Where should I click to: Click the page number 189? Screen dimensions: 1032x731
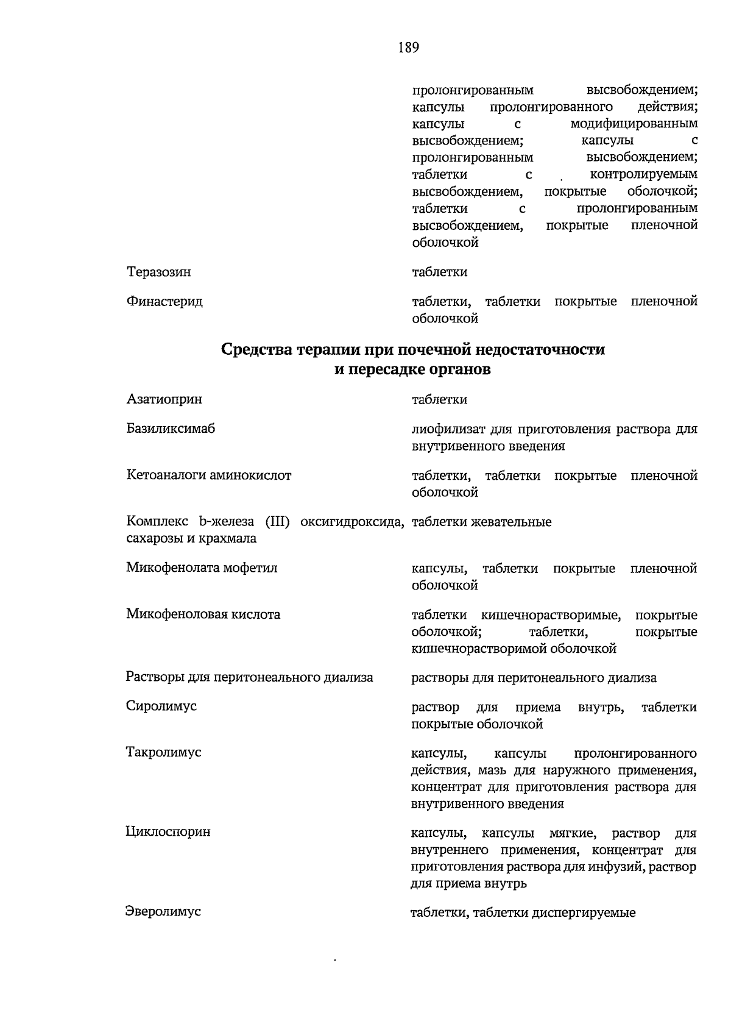[x=409, y=48]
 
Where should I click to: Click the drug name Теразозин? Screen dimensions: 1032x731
[x=158, y=272]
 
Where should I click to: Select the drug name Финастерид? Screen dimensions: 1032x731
[x=164, y=301]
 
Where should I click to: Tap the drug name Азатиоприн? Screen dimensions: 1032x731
[x=164, y=399]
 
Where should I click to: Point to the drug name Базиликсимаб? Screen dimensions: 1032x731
[x=171, y=429]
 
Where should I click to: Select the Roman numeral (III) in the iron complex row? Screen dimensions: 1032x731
[x=277, y=522]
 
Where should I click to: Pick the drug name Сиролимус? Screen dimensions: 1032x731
[x=161, y=706]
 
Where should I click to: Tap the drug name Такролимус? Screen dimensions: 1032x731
[x=163, y=752]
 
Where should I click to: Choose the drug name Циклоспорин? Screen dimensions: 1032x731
[x=168, y=831]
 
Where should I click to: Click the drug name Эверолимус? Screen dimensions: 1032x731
[x=163, y=911]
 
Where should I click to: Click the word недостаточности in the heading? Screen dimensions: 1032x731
[x=540, y=350]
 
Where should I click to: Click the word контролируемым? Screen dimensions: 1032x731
[x=644, y=175]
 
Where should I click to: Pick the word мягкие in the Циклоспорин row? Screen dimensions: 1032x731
[x=572, y=833]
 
